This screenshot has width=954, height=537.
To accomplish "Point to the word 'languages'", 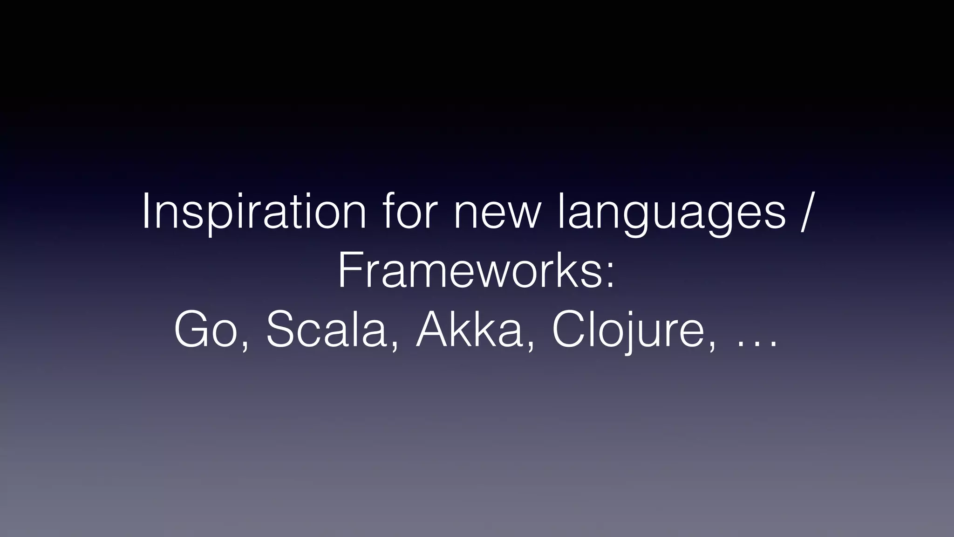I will coord(671,212).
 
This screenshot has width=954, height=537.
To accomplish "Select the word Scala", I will coord(326,330).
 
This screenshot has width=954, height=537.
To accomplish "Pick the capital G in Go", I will coord(193,330).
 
